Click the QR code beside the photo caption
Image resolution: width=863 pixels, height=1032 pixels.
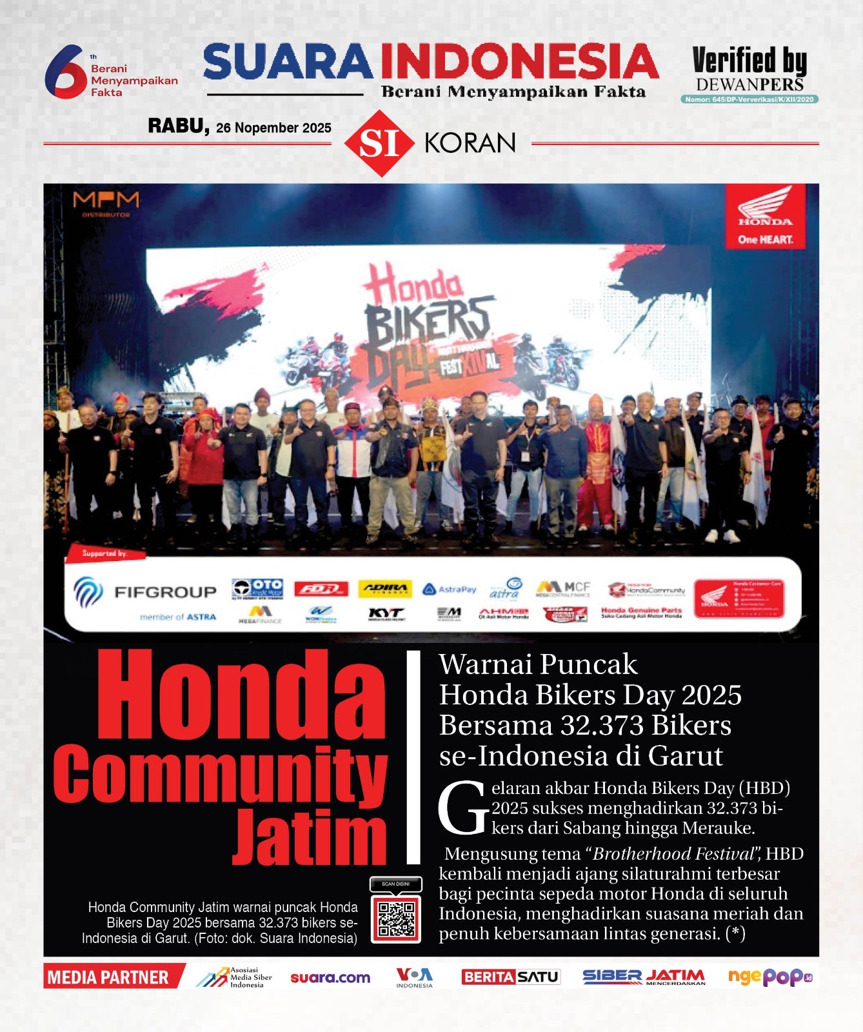(x=396, y=918)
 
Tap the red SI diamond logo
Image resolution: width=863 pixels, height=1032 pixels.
(x=379, y=143)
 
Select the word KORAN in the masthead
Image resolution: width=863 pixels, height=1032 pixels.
(x=470, y=143)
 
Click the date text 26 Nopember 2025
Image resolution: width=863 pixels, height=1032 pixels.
(x=273, y=128)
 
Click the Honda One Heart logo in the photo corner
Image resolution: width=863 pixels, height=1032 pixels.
(x=766, y=217)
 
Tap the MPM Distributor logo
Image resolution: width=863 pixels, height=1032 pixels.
(x=106, y=203)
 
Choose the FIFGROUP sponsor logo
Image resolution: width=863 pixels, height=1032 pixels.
(x=146, y=592)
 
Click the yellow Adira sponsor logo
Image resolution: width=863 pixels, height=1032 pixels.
(x=384, y=588)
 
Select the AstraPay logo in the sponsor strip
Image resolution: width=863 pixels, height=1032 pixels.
(x=449, y=590)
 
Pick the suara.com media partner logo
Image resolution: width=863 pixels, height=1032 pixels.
(x=330, y=978)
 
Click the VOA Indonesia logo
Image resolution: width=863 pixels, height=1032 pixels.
(x=414, y=977)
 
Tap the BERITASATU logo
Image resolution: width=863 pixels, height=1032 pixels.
(x=510, y=977)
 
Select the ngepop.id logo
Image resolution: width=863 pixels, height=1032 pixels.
(x=770, y=977)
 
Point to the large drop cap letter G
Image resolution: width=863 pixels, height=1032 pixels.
(x=462, y=808)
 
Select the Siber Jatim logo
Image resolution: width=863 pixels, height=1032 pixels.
(x=644, y=977)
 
